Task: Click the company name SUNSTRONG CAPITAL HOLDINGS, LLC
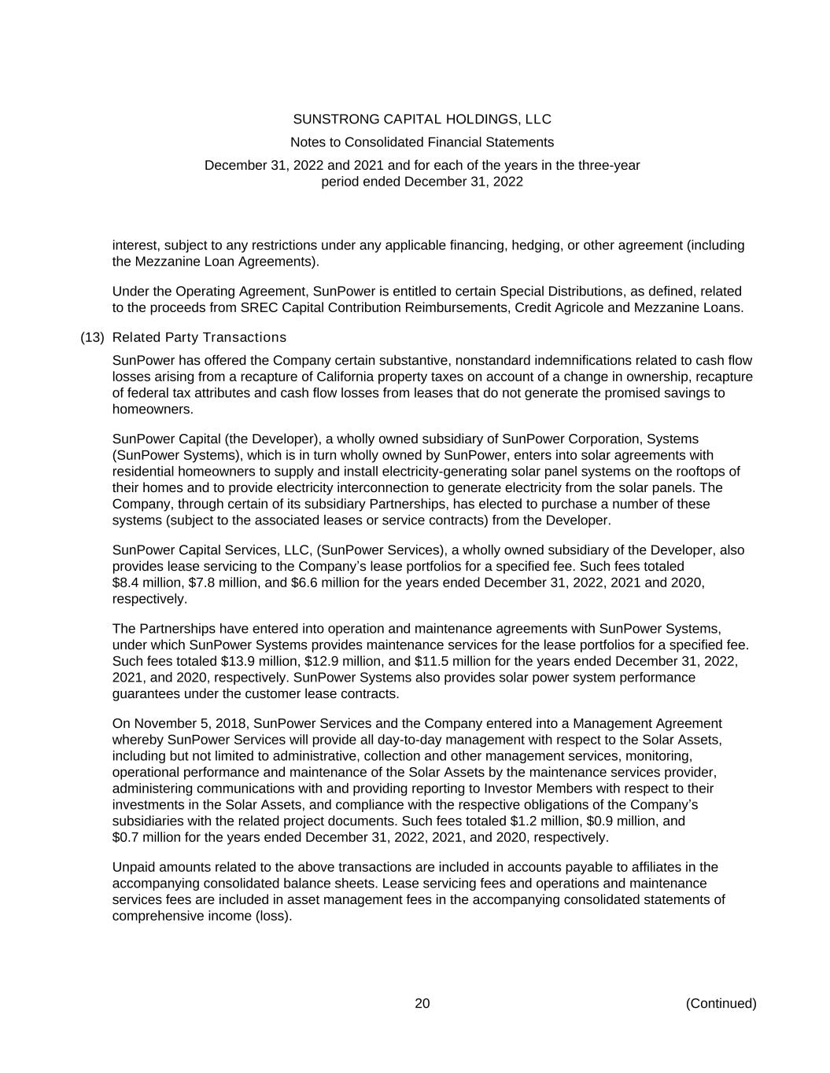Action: [422, 119]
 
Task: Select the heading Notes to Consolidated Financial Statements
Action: [422, 142]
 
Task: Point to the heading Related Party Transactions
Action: [199, 337]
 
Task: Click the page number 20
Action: [422, 1003]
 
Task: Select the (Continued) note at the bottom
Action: [721, 1003]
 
